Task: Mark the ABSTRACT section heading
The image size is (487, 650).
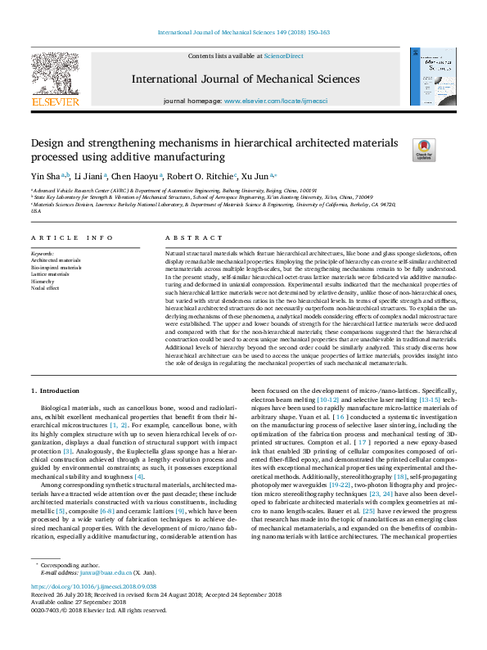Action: pyautogui.click(x=183, y=237)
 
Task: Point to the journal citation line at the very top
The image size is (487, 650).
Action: pyautogui.click(x=243, y=33)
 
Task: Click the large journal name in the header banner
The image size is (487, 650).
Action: pyautogui.click(x=243, y=79)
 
